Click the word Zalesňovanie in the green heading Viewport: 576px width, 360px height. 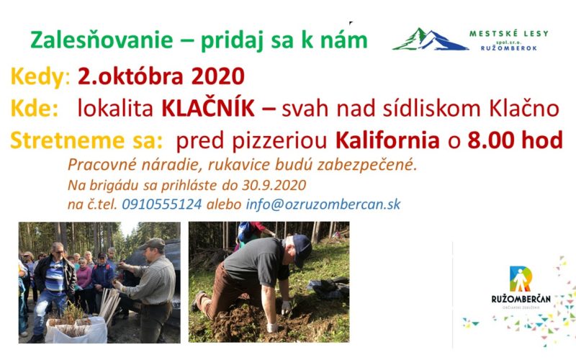(102, 40)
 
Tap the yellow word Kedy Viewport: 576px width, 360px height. (37, 77)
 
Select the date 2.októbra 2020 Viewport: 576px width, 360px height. (161, 76)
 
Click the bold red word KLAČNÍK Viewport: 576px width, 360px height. (208, 108)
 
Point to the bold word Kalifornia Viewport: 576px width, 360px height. (387, 140)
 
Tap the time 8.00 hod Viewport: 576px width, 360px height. (515, 140)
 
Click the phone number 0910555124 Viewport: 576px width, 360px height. (162, 204)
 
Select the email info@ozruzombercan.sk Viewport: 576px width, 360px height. (323, 204)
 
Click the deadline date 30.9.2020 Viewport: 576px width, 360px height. (274, 185)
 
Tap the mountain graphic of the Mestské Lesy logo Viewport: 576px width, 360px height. (430, 39)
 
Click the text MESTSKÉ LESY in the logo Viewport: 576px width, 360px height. (509, 33)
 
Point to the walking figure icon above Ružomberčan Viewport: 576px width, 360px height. (521, 279)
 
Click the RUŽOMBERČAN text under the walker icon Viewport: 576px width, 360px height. (521, 299)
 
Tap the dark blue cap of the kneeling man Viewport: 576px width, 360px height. (301, 249)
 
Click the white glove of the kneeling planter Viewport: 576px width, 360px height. (286, 308)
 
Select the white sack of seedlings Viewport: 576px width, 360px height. (76, 330)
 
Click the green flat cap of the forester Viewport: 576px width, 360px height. (153, 243)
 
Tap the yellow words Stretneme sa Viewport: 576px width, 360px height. (86, 140)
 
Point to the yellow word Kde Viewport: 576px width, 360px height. (35, 108)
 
